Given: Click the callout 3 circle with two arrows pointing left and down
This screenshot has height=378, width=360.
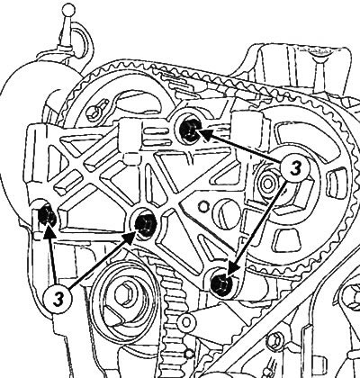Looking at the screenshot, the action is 295,168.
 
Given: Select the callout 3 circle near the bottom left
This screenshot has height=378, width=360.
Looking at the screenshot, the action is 58,299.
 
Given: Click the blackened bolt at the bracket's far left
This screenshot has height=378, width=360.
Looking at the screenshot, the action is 48,215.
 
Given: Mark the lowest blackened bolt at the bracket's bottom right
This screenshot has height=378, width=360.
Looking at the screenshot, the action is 221,284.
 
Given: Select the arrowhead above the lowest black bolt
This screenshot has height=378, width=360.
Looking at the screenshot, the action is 232,268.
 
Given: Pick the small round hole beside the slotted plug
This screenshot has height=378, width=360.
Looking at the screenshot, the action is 203,205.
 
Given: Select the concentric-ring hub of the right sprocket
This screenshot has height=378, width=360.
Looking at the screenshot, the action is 268,184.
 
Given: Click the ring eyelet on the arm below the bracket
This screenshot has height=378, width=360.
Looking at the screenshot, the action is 186,321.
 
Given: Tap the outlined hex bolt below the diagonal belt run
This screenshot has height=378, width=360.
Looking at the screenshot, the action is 274,340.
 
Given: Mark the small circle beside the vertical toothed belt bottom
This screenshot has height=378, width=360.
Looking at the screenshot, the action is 189,354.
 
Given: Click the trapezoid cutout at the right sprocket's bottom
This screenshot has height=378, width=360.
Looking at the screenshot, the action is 287,239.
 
